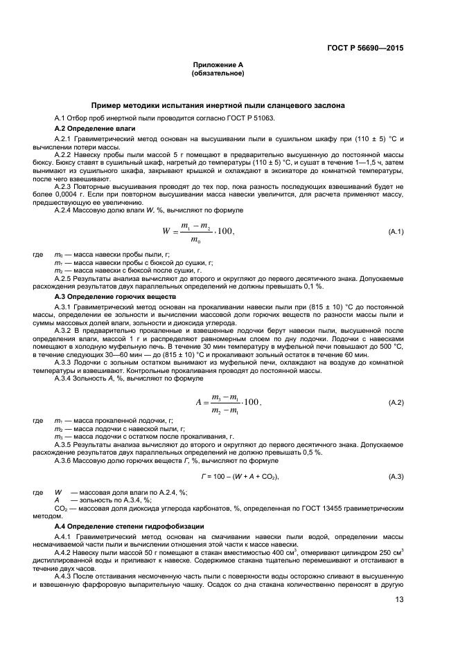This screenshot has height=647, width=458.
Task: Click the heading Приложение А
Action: tap(218, 64)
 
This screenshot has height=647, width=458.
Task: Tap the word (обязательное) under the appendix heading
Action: tap(218, 73)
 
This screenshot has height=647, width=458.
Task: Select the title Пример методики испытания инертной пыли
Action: tap(218, 105)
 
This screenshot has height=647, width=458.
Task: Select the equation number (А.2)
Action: tap(396, 402)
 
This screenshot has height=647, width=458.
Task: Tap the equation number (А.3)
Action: tap(396, 477)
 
